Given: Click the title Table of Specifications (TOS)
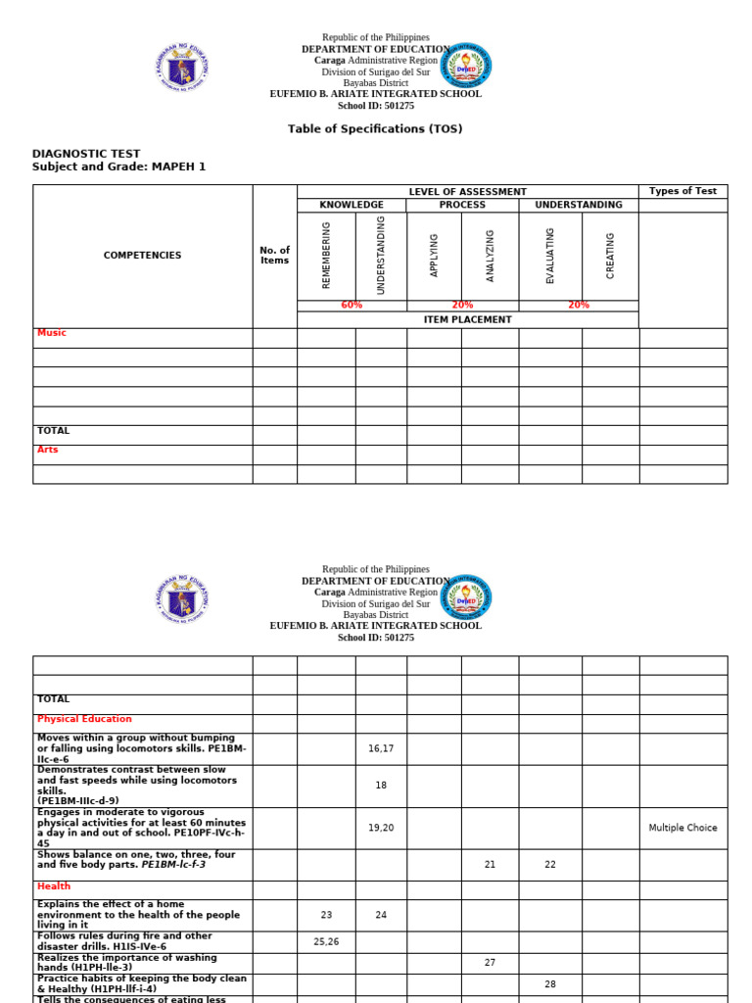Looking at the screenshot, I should [375, 129].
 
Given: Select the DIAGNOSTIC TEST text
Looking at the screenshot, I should [86, 154].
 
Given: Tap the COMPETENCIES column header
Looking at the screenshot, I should [142, 256].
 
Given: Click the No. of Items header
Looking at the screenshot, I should [275, 256].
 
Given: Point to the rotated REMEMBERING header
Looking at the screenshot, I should [326, 256].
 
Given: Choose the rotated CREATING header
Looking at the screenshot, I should [610, 256].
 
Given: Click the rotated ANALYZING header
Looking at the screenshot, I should [490, 256].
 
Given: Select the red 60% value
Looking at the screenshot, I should [352, 306].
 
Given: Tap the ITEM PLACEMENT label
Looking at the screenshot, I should [467, 319].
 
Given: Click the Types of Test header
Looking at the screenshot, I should [682, 192].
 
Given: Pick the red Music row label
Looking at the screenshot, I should [52, 333].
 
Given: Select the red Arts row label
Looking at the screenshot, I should [47, 451].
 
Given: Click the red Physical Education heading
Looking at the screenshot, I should [84, 719].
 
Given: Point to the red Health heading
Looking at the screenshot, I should [54, 885].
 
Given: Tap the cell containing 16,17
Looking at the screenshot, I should [381, 748].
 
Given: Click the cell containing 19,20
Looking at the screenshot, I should [381, 828].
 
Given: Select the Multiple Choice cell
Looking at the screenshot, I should [682, 828].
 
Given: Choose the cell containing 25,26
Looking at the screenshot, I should [326, 941].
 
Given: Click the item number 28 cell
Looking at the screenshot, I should [550, 984].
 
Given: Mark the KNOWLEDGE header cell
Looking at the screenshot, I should [352, 206].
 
